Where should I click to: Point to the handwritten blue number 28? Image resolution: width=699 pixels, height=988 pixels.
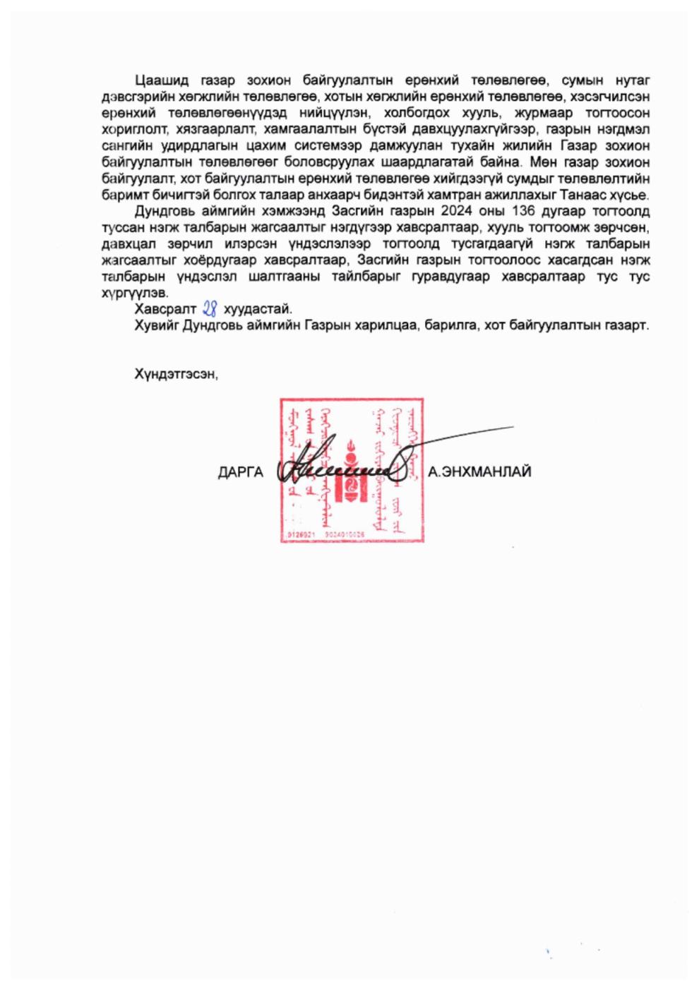[x=210, y=308]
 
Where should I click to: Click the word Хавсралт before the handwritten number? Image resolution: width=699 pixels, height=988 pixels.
[x=165, y=309]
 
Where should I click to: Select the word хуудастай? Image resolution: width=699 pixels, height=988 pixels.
[x=257, y=309]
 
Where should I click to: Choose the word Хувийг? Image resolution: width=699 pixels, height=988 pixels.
[x=156, y=325]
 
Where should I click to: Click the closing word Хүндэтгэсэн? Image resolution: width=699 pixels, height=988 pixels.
[x=176, y=374]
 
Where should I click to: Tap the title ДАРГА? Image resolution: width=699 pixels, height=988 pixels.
[x=240, y=472]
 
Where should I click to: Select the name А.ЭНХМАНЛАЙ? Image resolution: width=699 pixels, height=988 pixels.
[x=479, y=472]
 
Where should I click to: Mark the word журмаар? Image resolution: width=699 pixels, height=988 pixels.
[x=543, y=113]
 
